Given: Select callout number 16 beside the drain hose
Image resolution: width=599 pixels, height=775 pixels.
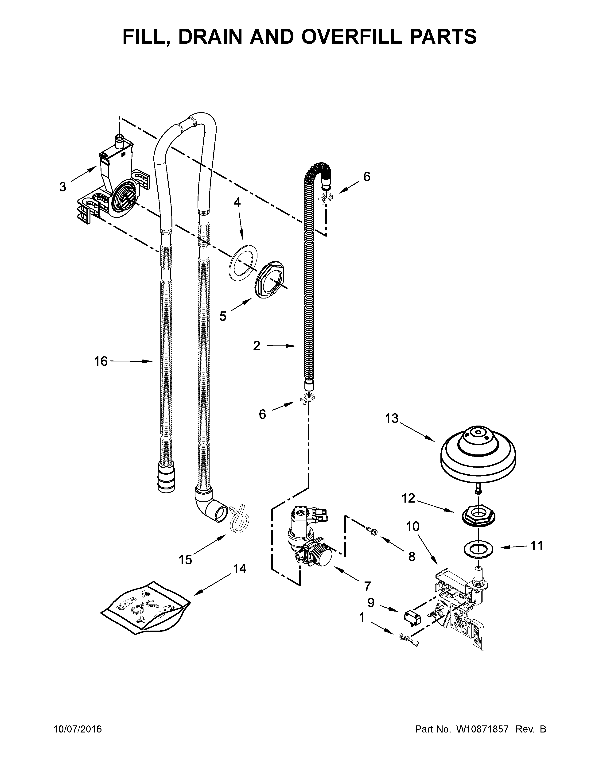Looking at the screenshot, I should point(101,361).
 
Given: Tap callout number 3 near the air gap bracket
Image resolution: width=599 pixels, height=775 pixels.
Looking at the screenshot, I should point(62,187).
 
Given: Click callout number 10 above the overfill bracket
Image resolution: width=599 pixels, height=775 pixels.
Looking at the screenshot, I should point(413,527).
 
